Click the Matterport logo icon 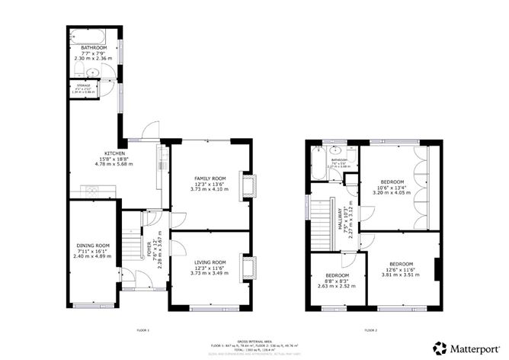tap(440, 347)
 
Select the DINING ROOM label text tap(93, 245)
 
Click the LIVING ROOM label tap(208, 262)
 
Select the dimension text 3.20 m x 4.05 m tap(391, 193)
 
